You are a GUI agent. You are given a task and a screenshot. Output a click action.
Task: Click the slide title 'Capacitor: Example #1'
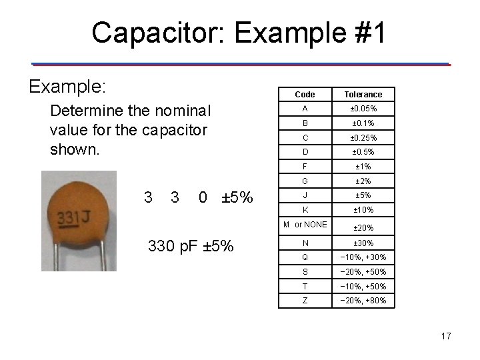(239, 32)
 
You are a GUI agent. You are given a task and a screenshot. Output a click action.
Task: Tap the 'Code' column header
(304, 94)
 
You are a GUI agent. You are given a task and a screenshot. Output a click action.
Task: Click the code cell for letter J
(304, 195)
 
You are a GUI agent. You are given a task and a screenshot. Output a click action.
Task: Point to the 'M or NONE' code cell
(305, 225)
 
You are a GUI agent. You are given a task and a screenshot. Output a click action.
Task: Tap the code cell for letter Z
(304, 301)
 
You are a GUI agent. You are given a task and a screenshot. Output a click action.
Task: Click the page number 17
(446, 336)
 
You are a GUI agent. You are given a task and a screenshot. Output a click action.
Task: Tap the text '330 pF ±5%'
(190, 246)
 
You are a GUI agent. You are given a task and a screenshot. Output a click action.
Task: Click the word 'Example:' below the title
(69, 87)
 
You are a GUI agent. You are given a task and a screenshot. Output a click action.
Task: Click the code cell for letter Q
(304, 257)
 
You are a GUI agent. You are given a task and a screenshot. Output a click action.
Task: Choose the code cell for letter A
(304, 109)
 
